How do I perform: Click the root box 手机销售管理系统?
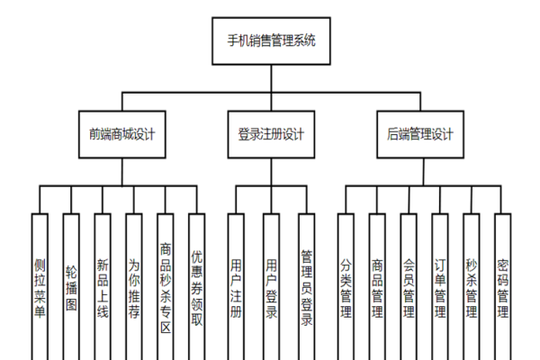pos(270,40)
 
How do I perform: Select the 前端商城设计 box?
pos(122,135)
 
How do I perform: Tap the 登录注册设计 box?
pos(271,135)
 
